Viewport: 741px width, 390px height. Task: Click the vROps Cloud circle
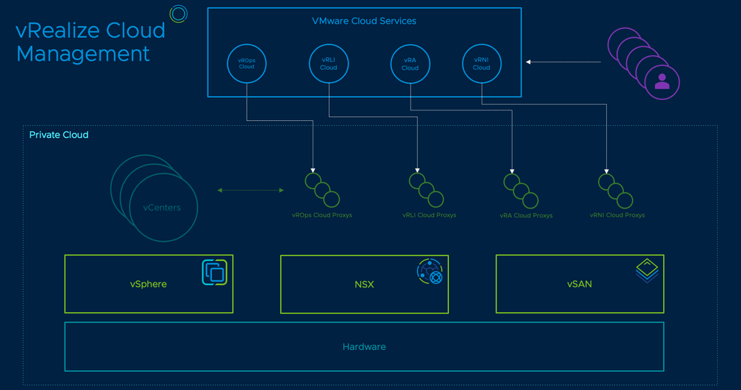click(x=247, y=63)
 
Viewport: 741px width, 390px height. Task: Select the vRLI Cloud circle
click(x=328, y=63)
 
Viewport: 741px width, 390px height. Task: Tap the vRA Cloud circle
click(x=410, y=63)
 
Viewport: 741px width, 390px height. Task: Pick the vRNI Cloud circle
click(x=482, y=63)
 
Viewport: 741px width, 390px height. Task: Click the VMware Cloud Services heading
click(x=364, y=21)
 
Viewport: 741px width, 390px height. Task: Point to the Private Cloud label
click(x=59, y=135)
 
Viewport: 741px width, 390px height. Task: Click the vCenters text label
click(x=162, y=208)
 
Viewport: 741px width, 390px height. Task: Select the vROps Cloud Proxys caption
click(x=322, y=215)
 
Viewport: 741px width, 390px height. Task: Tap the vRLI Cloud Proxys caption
click(x=429, y=215)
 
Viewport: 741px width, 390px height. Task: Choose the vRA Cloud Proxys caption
click(x=526, y=216)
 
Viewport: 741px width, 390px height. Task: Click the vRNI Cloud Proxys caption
click(x=617, y=215)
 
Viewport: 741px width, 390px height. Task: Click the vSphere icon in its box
click(x=215, y=272)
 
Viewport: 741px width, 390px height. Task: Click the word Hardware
click(x=364, y=346)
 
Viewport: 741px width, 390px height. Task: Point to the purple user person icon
click(x=662, y=82)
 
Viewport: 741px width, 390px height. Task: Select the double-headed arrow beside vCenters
click(x=250, y=191)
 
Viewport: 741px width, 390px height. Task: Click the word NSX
click(x=364, y=284)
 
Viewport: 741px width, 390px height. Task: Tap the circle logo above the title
click(x=178, y=13)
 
